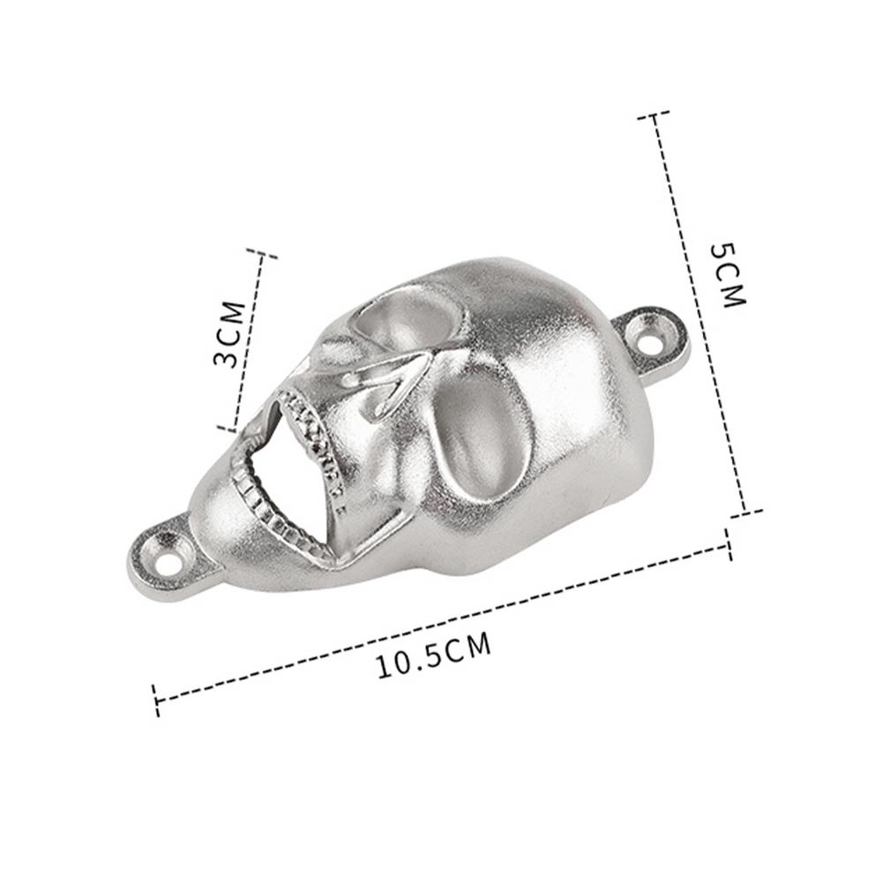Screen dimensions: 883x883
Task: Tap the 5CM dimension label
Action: [728, 276]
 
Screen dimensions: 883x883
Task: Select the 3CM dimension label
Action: [229, 334]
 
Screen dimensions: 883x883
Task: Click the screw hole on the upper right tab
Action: [655, 340]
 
